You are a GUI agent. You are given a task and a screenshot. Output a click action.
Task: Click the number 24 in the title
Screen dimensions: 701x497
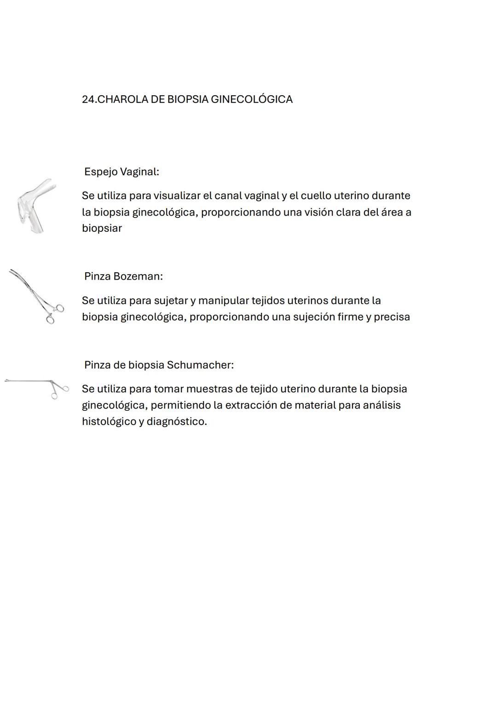(87, 99)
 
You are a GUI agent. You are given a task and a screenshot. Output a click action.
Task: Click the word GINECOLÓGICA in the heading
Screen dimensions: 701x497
(251, 99)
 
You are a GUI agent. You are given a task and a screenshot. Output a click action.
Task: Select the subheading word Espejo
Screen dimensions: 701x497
(100, 172)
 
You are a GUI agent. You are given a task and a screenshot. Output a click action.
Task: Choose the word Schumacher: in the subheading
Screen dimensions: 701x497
(200, 365)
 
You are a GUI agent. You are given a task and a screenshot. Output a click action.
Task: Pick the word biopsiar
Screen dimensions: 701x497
(102, 229)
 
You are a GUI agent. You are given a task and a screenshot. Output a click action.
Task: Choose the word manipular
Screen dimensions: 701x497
(223, 301)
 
